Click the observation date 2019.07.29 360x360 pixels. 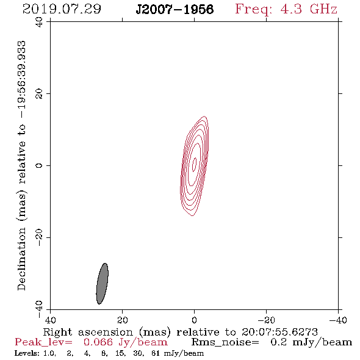[x=62, y=9]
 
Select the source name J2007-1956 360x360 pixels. [x=175, y=9]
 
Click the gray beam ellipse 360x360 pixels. [x=102, y=284]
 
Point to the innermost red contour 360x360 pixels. [x=195, y=164]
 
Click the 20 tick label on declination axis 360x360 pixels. [x=39, y=94]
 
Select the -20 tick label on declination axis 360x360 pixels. [x=39, y=237]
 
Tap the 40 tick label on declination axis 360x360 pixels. [x=39, y=22]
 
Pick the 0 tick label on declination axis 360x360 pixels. [x=39, y=165]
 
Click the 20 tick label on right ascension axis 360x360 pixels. [x=123, y=320]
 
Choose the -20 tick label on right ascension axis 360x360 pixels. [x=266, y=320]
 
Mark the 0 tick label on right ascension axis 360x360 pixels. [x=195, y=320]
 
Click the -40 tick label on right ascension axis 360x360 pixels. [x=338, y=320]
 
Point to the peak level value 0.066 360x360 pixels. [x=98, y=342]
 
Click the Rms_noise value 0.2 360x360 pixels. [x=279, y=342]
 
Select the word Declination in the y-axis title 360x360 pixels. [x=21, y=259]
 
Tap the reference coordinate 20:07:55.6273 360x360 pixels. [x=279, y=332]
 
